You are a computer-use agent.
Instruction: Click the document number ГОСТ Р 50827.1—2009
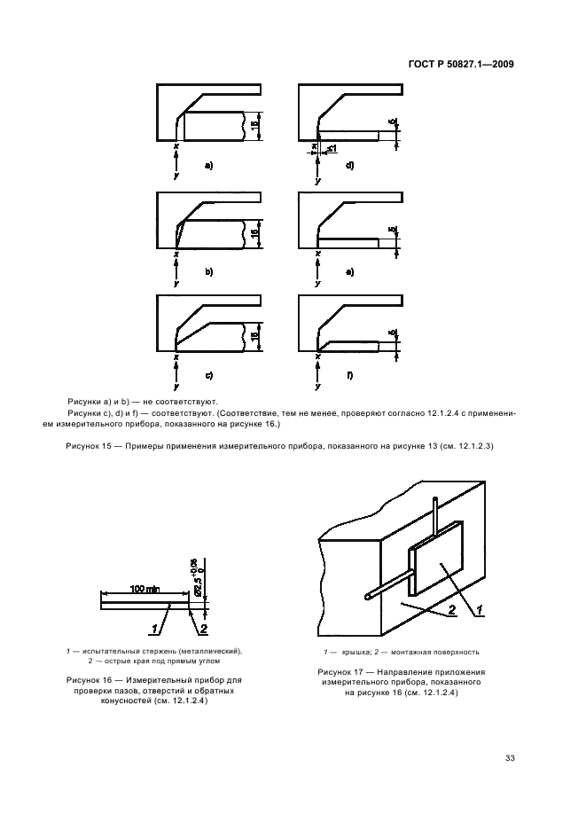(462, 64)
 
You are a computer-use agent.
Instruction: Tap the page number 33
(510, 757)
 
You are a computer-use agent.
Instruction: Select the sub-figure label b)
(209, 271)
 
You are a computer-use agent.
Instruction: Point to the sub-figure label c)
(209, 376)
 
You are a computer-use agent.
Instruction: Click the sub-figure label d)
(350, 166)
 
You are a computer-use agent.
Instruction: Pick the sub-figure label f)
(350, 376)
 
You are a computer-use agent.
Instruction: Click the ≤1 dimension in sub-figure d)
(331, 148)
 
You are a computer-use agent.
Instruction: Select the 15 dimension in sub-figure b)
(254, 233)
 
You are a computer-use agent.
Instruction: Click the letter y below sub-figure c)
(177, 388)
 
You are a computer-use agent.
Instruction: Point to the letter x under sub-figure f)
(318, 358)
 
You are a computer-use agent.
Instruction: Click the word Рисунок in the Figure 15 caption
(85, 445)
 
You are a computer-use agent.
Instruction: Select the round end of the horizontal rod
(368, 598)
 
